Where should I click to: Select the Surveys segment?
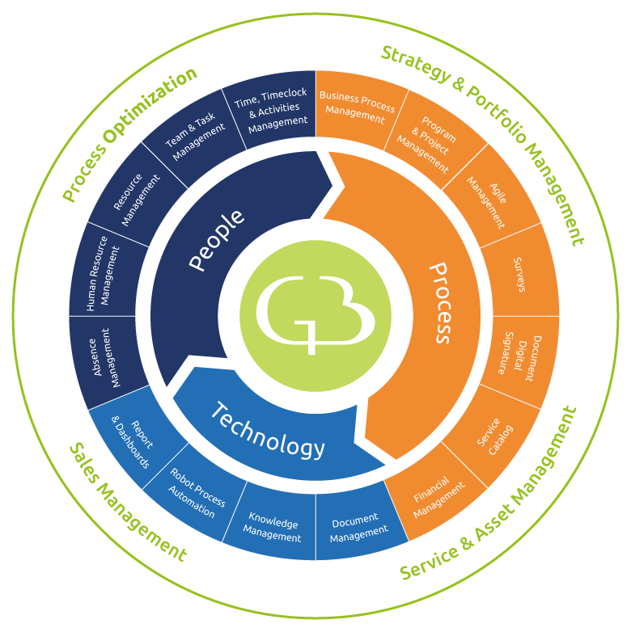[x=520, y=274]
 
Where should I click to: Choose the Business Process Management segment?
[x=357, y=107]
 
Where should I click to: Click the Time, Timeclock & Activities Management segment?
[x=274, y=108]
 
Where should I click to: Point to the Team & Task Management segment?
[x=194, y=137]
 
